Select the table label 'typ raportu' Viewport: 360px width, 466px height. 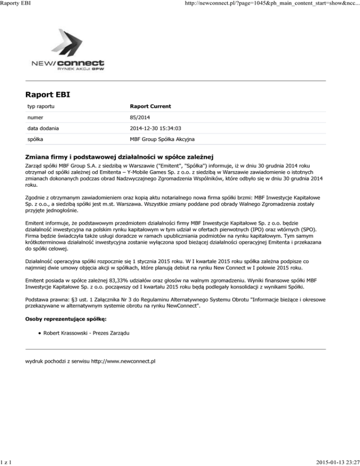point(39,106)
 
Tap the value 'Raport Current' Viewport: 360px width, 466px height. point(150,106)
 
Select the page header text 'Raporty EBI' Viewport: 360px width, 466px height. point(16,4)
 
